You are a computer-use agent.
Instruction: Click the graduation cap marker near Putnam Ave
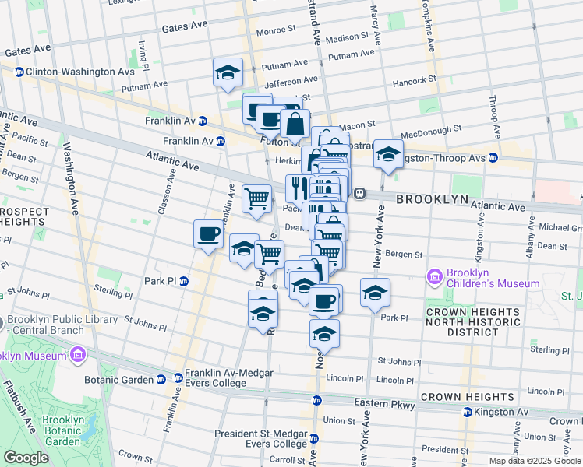point(228,72)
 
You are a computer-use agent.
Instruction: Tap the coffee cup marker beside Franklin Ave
point(208,234)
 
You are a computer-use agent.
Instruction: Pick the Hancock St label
point(413,80)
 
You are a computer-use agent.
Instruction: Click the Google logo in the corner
point(26,458)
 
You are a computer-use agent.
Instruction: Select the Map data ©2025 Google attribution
point(534,461)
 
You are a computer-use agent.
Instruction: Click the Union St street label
point(340,420)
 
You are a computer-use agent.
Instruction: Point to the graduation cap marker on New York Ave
point(375,293)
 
